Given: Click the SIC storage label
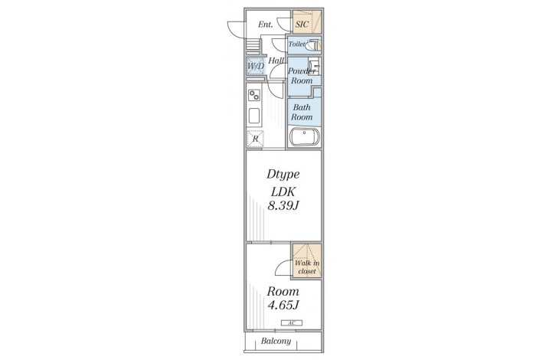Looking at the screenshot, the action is (302, 25).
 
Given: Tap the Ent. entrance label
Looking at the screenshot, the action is (265, 25).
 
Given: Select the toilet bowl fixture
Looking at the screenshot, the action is (312, 45).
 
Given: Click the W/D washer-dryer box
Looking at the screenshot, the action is (256, 67).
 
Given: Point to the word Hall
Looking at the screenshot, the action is (276, 61).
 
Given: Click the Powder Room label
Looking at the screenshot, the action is (302, 76).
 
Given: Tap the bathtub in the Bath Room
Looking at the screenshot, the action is (305, 137).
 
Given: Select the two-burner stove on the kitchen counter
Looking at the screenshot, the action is (254, 95).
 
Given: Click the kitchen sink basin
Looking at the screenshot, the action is (254, 116).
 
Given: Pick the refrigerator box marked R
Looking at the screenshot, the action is (255, 139).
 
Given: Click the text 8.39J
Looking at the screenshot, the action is (283, 206).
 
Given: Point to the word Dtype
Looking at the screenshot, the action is (283, 175).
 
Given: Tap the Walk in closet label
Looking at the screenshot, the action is (307, 267).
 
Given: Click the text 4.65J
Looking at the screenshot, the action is (283, 305).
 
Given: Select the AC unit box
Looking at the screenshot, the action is (292, 323).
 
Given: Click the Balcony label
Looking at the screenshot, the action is (276, 341).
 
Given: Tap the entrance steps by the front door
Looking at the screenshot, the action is (253, 46).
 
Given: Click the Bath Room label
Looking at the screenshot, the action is (302, 112).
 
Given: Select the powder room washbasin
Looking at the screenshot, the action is (315, 67).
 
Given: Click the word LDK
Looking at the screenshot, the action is (283, 191).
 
